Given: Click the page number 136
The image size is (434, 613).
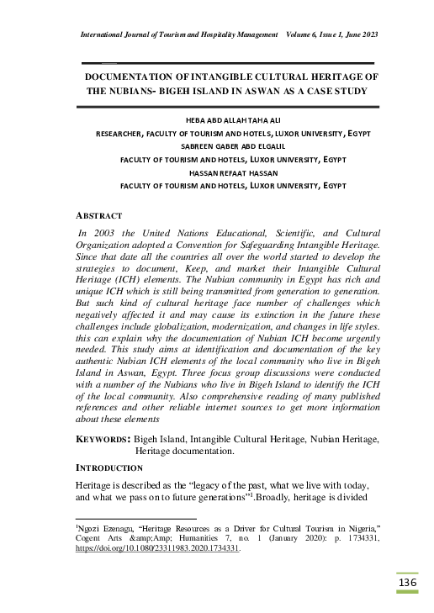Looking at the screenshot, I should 407,584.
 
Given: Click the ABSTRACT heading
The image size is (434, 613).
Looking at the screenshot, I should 99,216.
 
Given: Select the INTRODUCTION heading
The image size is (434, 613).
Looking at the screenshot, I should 113,467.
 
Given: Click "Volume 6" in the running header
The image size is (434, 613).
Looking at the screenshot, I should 304,34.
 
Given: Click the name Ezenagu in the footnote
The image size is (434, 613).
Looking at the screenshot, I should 119,526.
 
